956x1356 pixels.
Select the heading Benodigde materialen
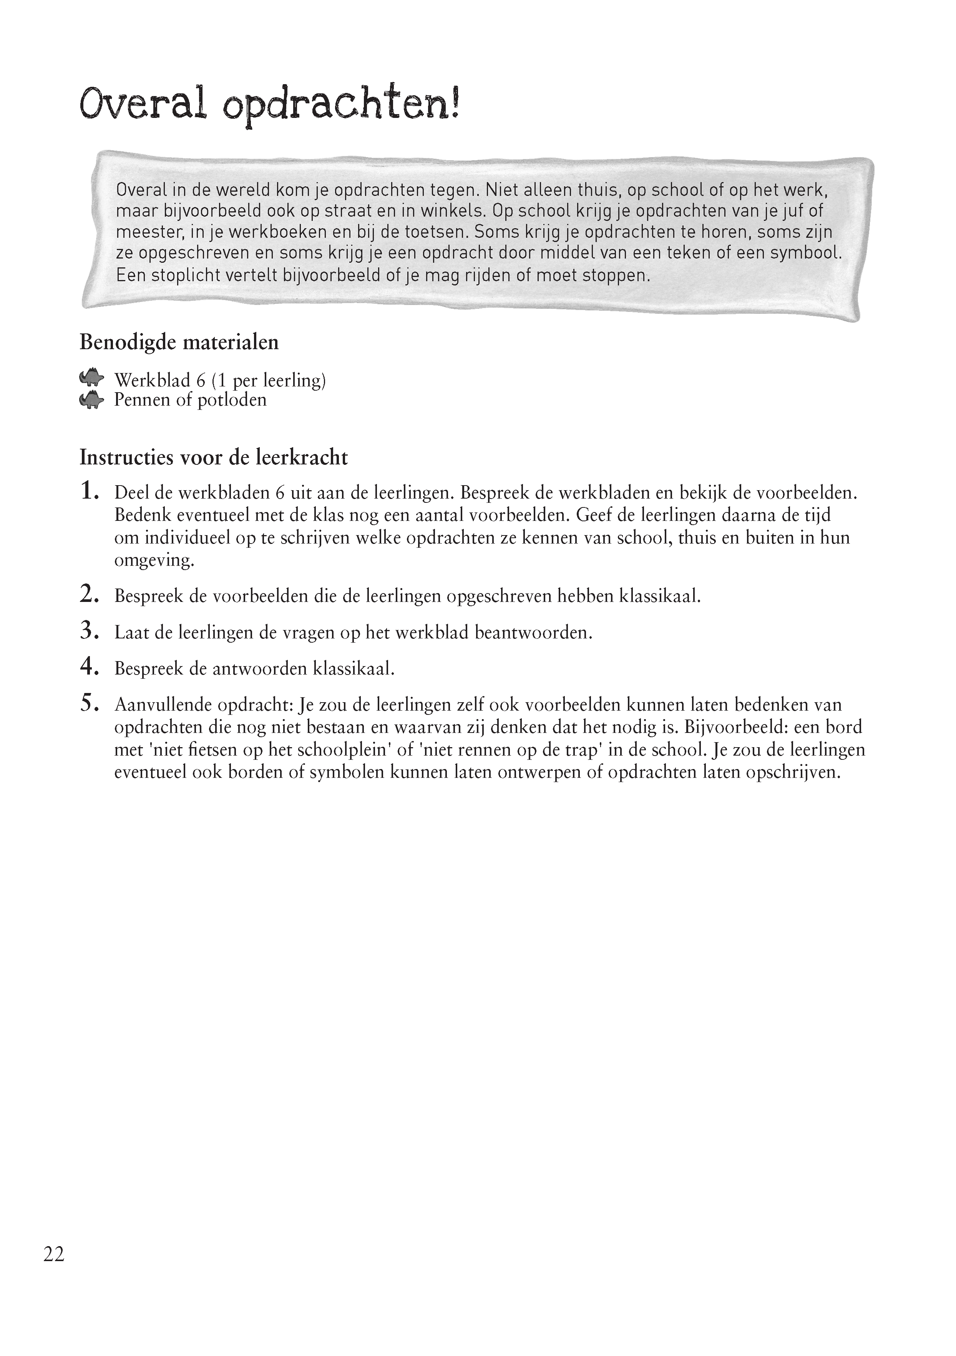coord(179,343)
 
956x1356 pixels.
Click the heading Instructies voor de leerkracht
coord(213,457)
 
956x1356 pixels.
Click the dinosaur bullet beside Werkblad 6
coord(91,379)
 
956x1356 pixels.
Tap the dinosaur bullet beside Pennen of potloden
coord(91,400)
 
